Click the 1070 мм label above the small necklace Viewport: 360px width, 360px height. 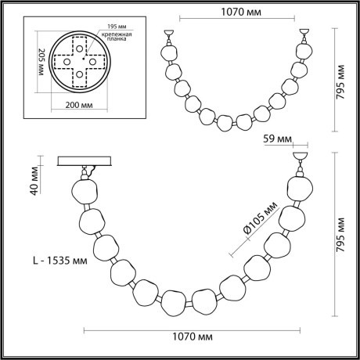tap(239, 13)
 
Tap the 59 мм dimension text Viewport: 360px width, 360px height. tap(277, 141)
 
